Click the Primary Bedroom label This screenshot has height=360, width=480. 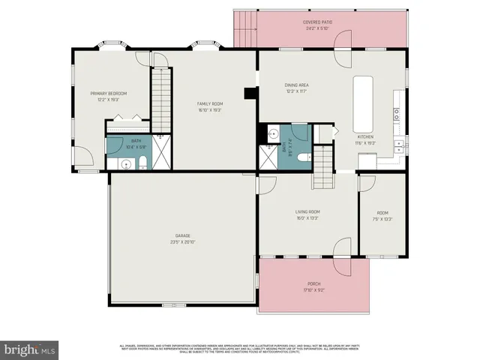coord(109,93)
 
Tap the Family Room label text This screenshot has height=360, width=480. coord(209,103)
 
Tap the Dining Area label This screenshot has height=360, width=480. coord(297,85)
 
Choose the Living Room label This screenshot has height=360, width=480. coord(307,212)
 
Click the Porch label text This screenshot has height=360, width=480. coord(313,284)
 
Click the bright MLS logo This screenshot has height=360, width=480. coord(29,349)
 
